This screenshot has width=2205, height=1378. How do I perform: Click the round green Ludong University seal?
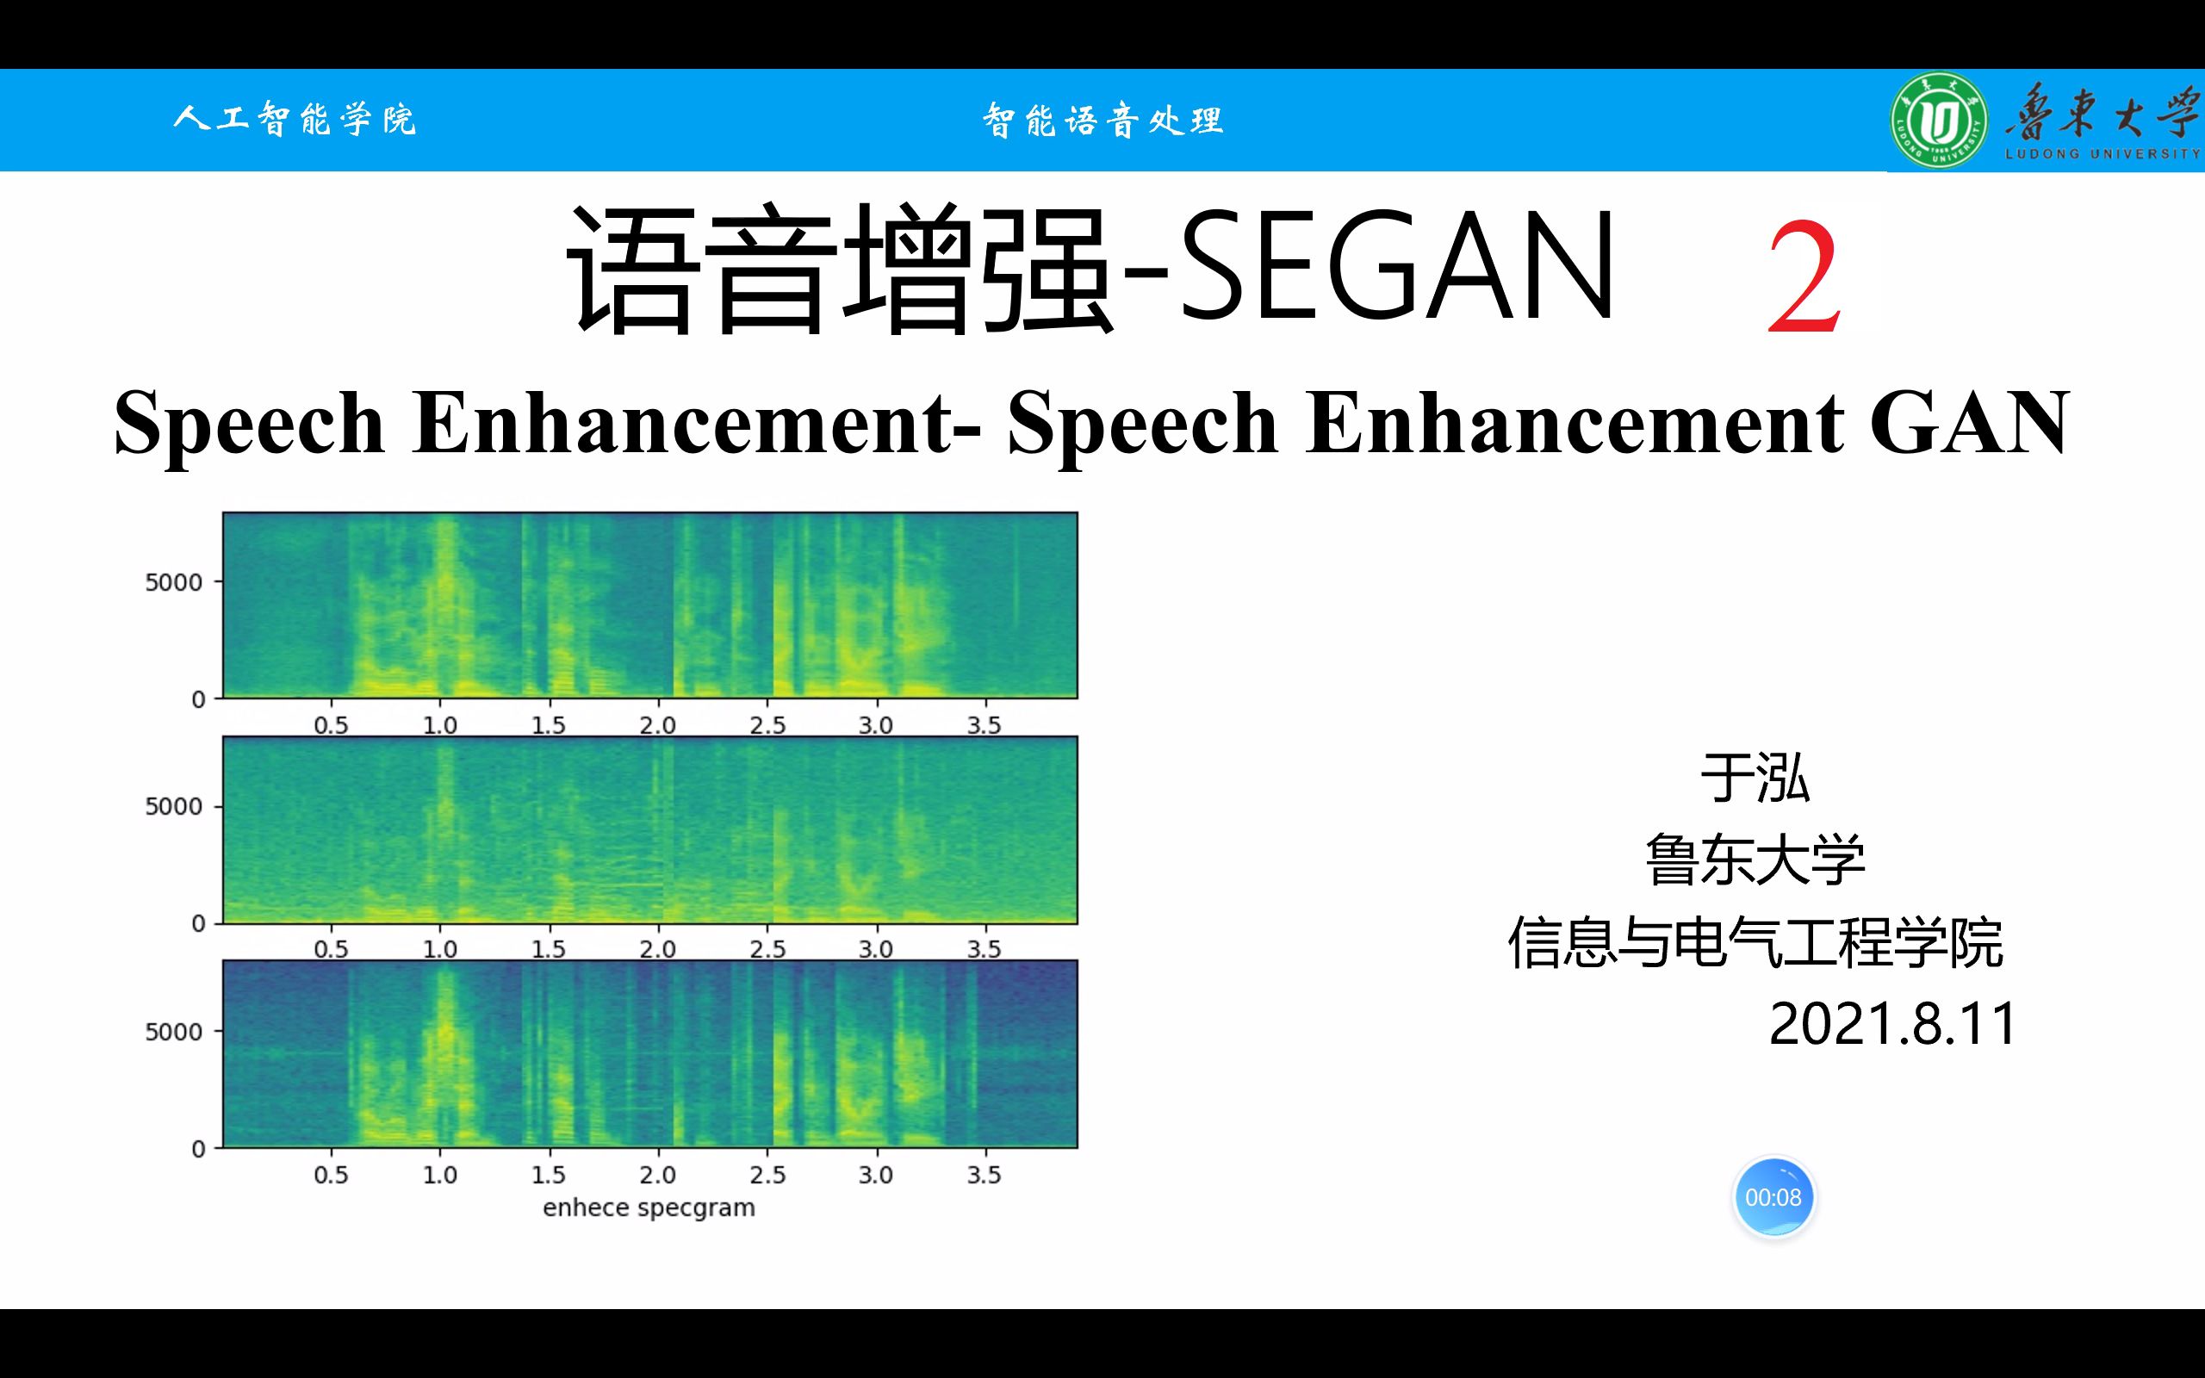[1939, 120]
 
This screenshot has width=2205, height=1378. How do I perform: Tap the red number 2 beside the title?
[1804, 280]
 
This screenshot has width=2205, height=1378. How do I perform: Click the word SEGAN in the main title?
[1397, 264]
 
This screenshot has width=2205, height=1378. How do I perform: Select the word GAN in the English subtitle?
[1970, 422]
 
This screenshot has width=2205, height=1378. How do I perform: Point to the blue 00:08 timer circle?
[1773, 1196]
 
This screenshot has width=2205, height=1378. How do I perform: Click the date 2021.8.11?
[1892, 1023]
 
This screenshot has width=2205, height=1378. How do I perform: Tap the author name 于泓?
[1755, 779]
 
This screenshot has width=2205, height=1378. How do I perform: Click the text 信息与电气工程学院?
[1755, 942]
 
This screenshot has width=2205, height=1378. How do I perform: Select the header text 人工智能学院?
[295, 120]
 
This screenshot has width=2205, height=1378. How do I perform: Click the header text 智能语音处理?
[1102, 121]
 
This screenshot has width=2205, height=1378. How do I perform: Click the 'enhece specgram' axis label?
[649, 1207]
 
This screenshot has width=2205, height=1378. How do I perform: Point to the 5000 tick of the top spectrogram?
[173, 581]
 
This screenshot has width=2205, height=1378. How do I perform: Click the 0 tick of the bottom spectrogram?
[198, 1148]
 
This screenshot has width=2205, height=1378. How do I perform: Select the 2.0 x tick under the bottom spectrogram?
[657, 1174]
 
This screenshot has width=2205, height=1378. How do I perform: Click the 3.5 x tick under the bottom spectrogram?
[984, 1174]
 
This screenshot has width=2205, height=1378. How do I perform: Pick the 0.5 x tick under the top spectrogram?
[331, 725]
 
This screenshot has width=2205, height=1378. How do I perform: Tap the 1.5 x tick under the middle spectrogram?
[549, 950]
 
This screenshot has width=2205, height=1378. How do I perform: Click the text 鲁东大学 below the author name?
[1755, 860]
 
